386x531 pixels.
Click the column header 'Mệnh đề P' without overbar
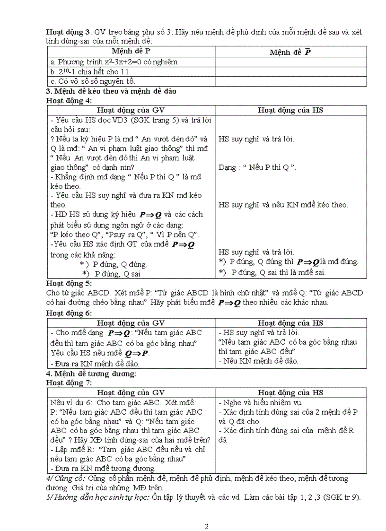[x=131, y=51]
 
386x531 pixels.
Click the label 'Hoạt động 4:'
[x=69, y=100]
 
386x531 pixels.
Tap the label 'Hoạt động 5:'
[x=69, y=284]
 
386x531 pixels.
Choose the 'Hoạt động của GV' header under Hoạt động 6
[x=131, y=323]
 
